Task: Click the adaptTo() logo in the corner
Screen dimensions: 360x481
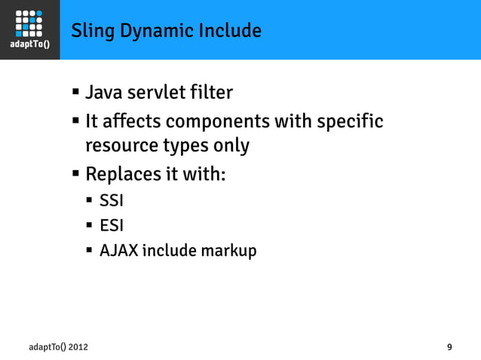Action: pyautogui.click(x=29, y=29)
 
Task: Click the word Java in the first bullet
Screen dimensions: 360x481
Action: pyautogui.click(x=103, y=93)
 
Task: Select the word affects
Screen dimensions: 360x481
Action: pyautogui.click(x=131, y=121)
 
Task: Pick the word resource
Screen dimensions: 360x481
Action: pyautogui.click(x=121, y=145)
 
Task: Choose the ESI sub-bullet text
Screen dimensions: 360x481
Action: pyautogui.click(x=111, y=225)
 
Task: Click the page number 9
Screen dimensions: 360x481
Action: pyautogui.click(x=449, y=347)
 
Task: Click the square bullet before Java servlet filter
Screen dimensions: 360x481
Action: pyautogui.click(x=76, y=93)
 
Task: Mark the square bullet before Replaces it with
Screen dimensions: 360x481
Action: pyautogui.click(x=76, y=174)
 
